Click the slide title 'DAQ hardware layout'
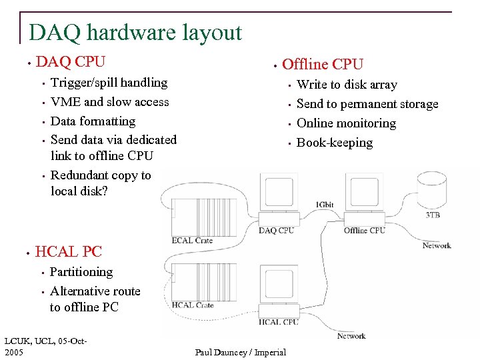point(135,32)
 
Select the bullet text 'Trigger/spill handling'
point(109,83)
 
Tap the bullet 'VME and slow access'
point(109,102)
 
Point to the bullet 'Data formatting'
point(93,121)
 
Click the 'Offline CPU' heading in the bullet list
point(323,65)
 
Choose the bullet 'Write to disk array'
point(347,85)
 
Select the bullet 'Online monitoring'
point(346,123)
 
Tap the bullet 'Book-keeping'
point(335,143)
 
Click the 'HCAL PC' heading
point(68,251)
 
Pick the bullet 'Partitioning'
point(81,272)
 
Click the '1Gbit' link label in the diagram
point(325,204)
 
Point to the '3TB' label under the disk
point(433,215)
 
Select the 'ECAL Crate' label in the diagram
point(192,241)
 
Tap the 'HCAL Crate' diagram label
point(193,305)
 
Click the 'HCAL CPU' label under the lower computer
point(278,322)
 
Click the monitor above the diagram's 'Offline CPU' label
point(364,191)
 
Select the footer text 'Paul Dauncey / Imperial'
point(241,352)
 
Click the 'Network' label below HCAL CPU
point(351,335)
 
